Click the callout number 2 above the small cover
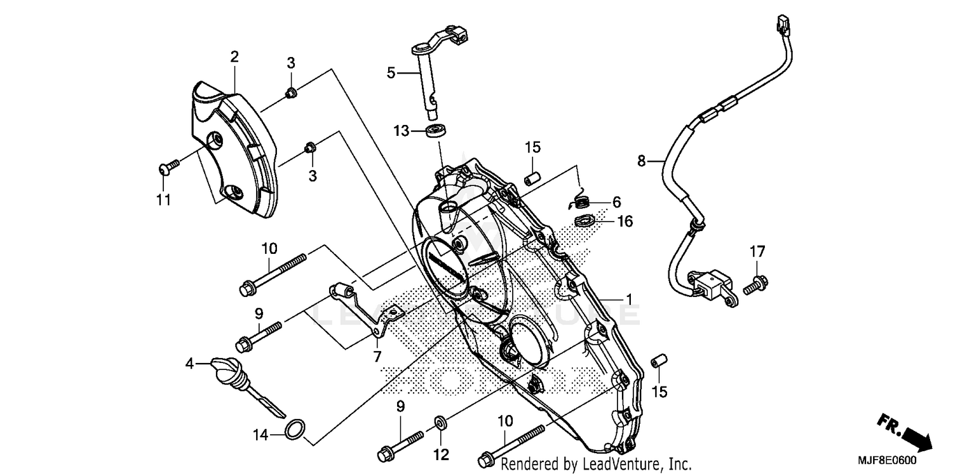click(234, 56)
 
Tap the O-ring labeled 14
click(294, 430)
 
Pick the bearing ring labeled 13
click(436, 131)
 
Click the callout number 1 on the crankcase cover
click(628, 298)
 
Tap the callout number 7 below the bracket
click(377, 357)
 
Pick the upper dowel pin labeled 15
click(532, 176)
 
